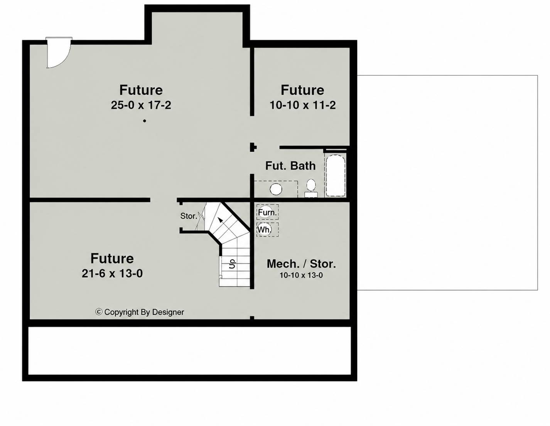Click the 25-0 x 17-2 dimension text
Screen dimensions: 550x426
point(141,105)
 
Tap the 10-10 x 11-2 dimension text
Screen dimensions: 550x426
point(303,105)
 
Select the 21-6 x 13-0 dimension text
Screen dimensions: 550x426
point(112,273)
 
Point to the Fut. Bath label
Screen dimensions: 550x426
point(290,166)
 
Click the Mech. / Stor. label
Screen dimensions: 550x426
point(301,264)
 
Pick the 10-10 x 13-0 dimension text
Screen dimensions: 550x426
point(301,275)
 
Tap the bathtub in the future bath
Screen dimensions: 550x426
point(336,176)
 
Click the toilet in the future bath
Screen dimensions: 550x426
point(311,188)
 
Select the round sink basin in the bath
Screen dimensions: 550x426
point(276,189)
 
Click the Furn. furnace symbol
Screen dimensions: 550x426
point(267,212)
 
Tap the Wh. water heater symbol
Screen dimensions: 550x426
point(267,229)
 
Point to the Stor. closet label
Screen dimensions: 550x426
point(189,216)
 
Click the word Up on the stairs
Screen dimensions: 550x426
point(232,264)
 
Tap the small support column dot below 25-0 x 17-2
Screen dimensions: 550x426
point(145,121)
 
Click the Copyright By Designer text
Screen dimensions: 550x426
point(144,312)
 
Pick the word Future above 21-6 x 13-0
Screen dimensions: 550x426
point(112,258)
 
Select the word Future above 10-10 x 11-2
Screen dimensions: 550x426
point(302,90)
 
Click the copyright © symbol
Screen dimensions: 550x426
point(99,312)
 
